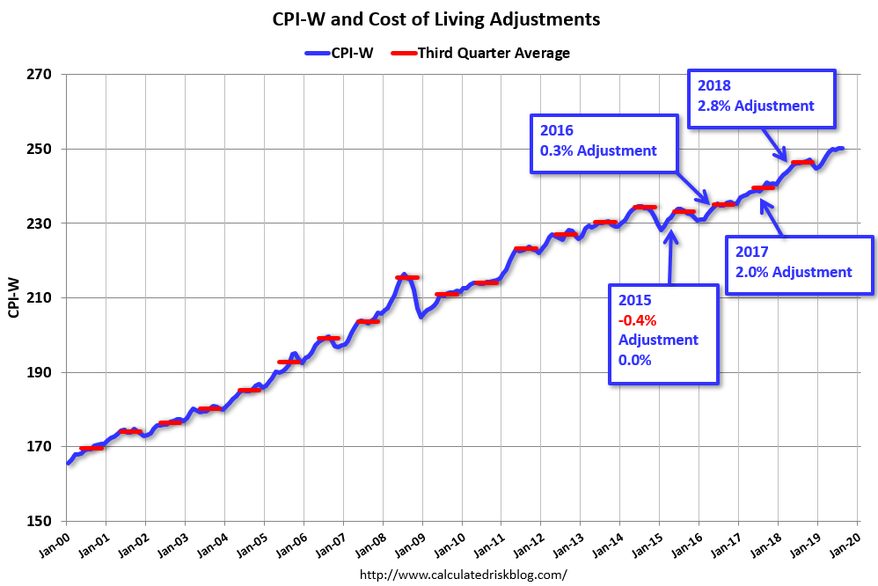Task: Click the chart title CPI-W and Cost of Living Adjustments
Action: pyautogui.click(x=437, y=18)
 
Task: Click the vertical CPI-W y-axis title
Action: pyautogui.click(x=14, y=297)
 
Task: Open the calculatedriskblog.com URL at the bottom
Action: pyautogui.click(x=464, y=575)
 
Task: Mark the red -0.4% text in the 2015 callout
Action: pyautogui.click(x=637, y=319)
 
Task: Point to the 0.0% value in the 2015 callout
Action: pyautogui.click(x=637, y=360)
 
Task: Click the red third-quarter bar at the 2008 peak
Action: pyautogui.click(x=406, y=277)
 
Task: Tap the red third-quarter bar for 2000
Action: pyautogui.click(x=91, y=448)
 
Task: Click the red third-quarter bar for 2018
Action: pyautogui.click(x=801, y=163)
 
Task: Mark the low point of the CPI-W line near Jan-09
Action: pyautogui.click(x=422, y=315)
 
